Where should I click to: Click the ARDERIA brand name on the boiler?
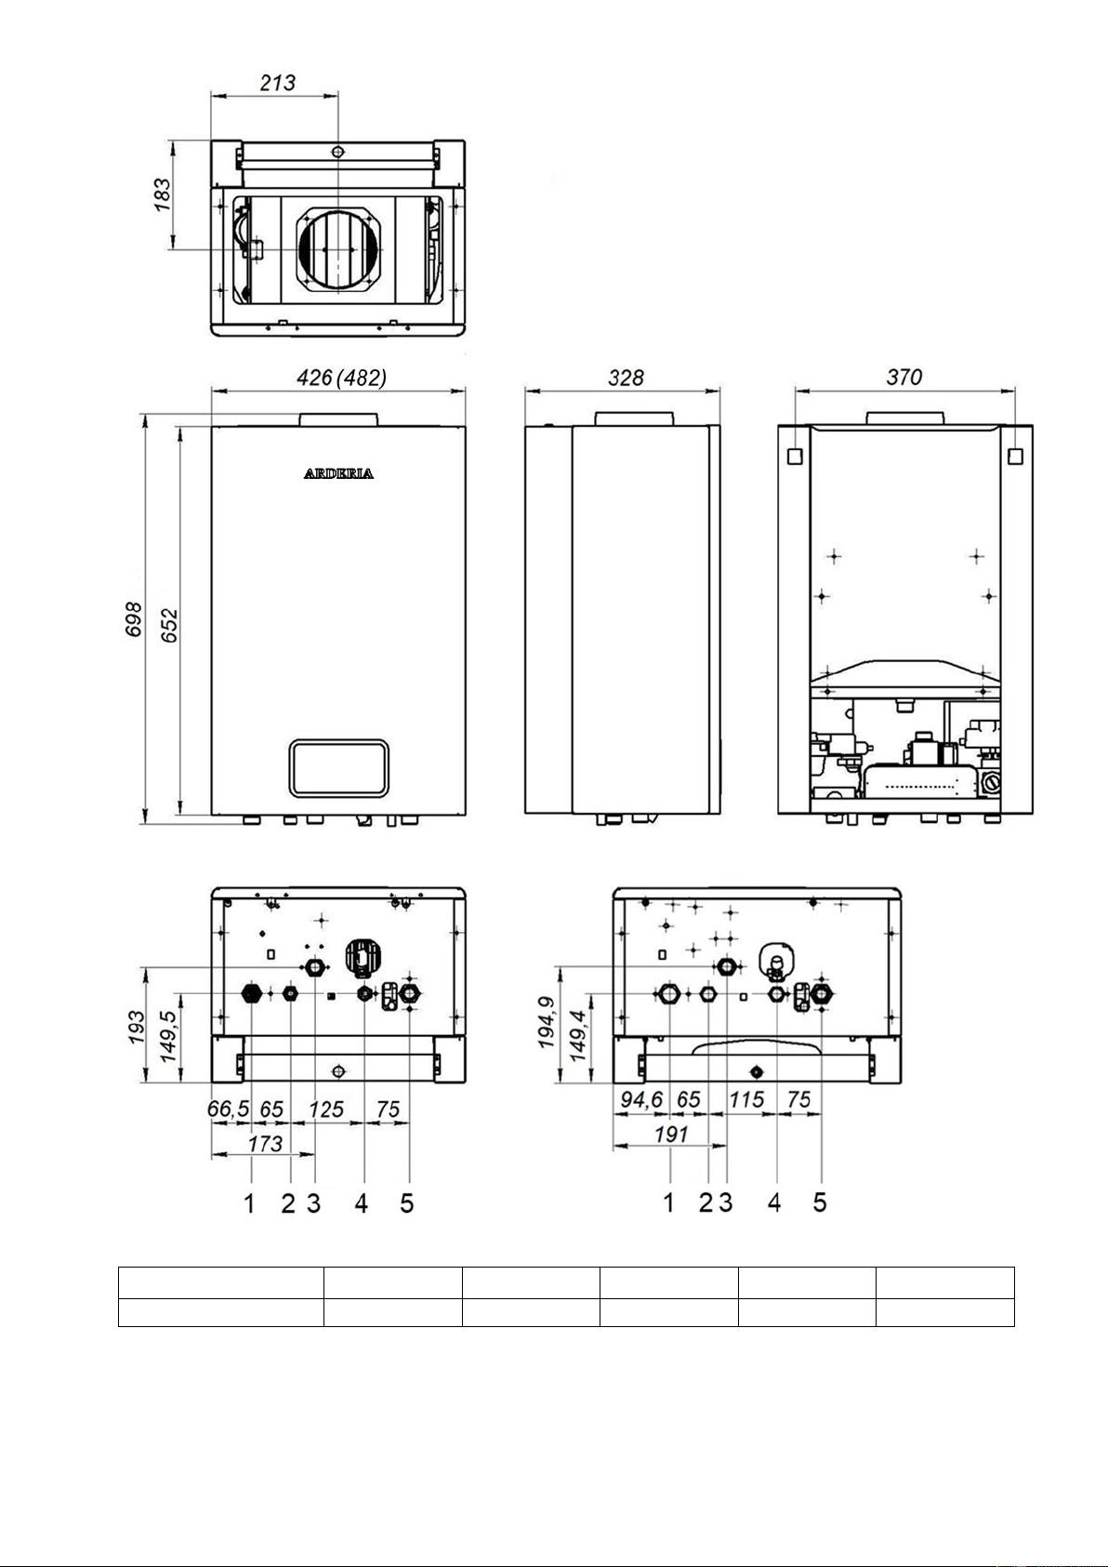coord(338,473)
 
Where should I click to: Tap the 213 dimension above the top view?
coord(278,83)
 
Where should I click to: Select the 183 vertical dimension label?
coord(162,195)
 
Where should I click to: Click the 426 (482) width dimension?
coord(341,378)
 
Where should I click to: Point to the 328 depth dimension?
coord(625,378)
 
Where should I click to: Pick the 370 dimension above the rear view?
coord(904,377)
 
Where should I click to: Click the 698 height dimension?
coord(133,619)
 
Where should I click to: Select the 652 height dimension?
coord(169,625)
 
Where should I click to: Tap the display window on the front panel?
coord(339,768)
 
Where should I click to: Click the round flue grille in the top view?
coord(339,249)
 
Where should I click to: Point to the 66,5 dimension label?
coord(229,1109)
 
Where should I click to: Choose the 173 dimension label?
coord(266,1144)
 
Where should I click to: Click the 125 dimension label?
coord(326,1109)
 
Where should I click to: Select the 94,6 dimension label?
coord(641,1100)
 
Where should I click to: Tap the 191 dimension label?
coord(671,1135)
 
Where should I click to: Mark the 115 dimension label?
coord(746,1100)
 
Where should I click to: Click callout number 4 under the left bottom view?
coord(362,1203)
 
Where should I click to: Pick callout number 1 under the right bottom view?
coord(669,1202)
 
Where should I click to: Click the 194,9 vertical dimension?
coord(547,1022)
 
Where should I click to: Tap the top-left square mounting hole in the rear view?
coord(796,456)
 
